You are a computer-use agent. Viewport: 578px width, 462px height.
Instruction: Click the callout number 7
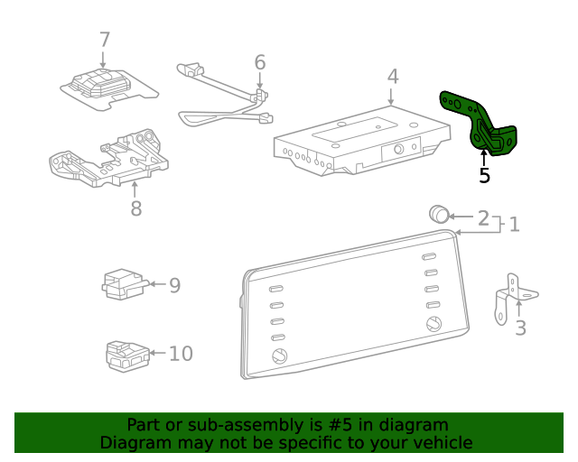coord(105,40)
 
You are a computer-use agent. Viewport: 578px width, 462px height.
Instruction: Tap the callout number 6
coord(260,62)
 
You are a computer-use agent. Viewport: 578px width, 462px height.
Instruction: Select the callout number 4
coord(392,76)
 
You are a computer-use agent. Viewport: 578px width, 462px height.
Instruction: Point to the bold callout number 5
coord(484,176)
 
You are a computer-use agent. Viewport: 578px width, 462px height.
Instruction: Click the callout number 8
coord(135,208)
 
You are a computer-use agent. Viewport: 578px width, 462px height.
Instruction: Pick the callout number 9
coord(174,285)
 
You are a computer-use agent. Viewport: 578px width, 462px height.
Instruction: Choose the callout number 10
coord(181,353)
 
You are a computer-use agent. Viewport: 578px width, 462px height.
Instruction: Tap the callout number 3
coord(520,328)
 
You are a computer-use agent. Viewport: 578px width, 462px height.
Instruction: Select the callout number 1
coord(514,224)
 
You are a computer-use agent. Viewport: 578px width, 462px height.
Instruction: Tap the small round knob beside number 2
coord(439,215)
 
